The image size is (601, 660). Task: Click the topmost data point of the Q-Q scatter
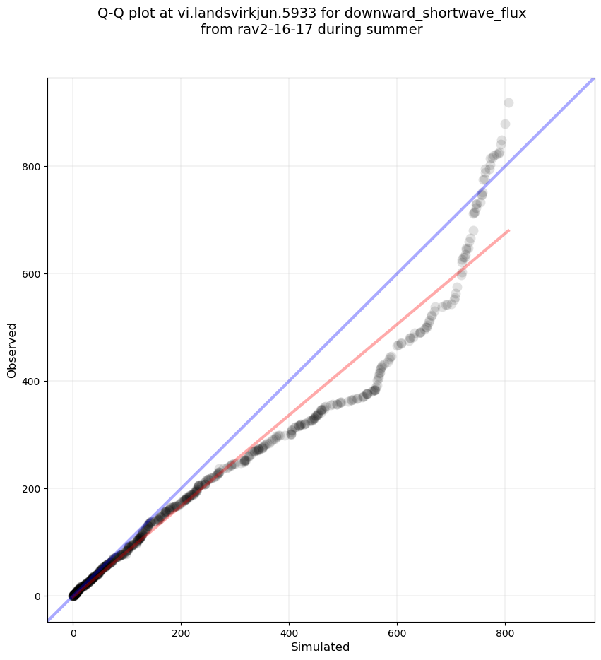(508, 103)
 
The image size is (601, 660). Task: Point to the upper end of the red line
(508, 230)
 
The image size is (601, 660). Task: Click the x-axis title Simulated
(321, 647)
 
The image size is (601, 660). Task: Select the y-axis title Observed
(13, 350)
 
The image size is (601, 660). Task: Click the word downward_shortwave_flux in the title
(435, 13)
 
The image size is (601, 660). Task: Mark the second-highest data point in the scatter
(505, 124)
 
